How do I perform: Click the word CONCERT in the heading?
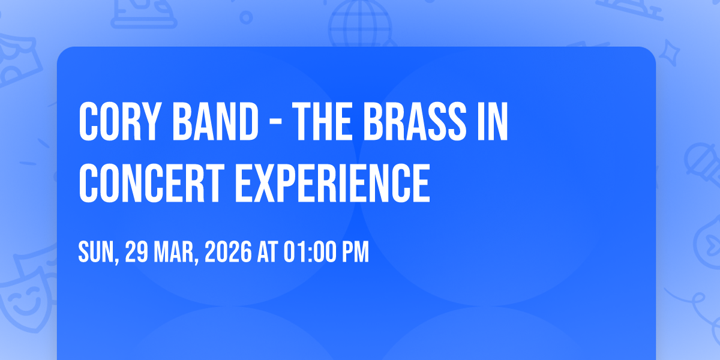151,183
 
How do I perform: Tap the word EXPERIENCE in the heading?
332,183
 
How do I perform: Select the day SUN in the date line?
98,253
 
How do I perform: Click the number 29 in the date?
137,252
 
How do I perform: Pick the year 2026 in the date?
228,252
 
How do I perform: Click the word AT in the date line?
268,252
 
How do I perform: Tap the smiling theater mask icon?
26,301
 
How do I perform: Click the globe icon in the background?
360,23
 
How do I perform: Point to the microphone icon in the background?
704,164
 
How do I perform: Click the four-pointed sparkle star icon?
669,53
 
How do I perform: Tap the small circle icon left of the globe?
246,17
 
